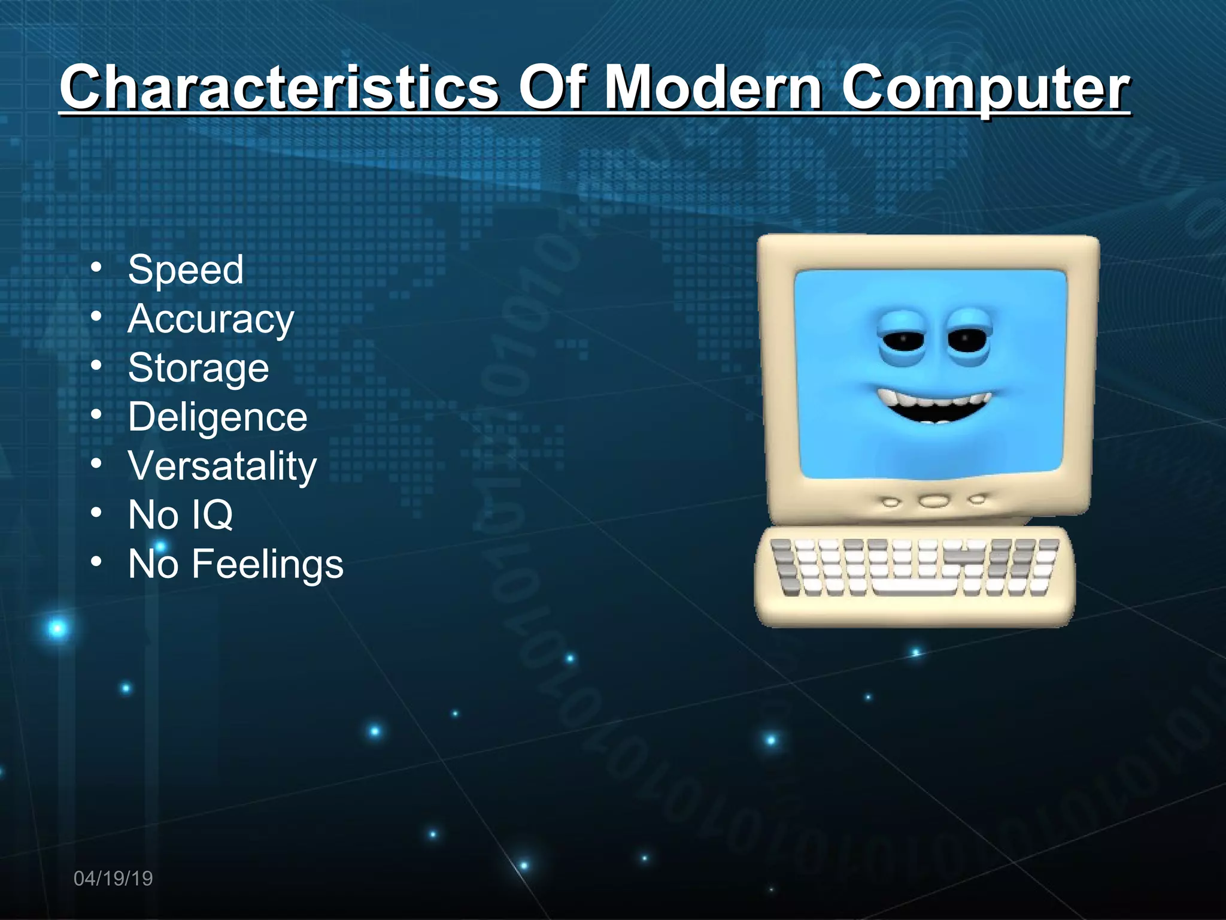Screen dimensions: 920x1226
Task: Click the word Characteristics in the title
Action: [279, 88]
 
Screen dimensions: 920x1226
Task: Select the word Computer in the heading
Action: [985, 88]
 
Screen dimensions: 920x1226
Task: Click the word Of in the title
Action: [551, 88]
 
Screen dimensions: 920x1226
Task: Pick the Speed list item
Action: [186, 269]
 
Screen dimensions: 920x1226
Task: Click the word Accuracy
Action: [211, 319]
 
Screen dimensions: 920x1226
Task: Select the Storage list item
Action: [198, 368]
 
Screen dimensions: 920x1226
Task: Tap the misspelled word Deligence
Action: [217, 417]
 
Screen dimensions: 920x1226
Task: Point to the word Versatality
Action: [222, 466]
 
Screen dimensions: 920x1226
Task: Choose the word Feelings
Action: [267, 564]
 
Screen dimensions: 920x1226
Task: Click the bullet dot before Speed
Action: [96, 268]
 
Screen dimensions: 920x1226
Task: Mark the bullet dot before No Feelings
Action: [96, 562]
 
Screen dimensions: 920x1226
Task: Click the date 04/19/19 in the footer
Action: [113, 879]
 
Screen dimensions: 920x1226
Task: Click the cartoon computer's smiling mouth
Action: [934, 404]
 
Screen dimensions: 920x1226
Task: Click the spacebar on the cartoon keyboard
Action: [914, 588]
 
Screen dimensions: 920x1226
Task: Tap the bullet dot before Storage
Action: [96, 366]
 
